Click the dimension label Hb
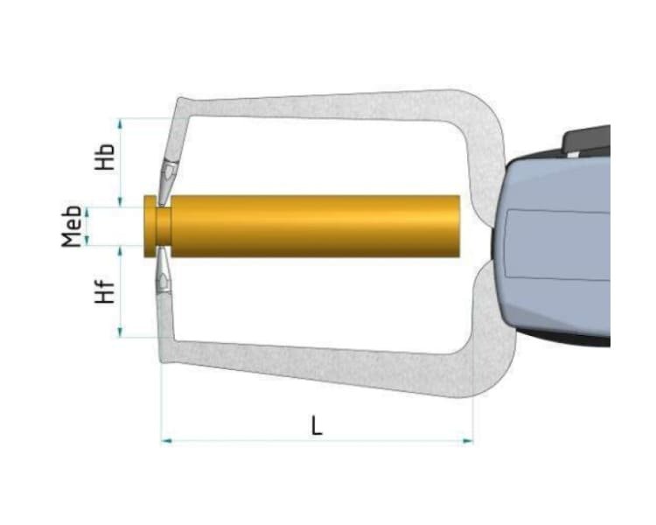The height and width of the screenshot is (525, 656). (105, 157)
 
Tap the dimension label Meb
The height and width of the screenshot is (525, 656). (72, 226)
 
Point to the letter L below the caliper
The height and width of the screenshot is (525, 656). (317, 425)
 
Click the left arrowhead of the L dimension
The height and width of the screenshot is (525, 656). (166, 440)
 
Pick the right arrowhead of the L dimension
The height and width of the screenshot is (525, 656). (468, 440)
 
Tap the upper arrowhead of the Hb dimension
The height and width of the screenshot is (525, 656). (121, 123)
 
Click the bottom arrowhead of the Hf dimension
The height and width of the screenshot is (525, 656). (121, 332)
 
